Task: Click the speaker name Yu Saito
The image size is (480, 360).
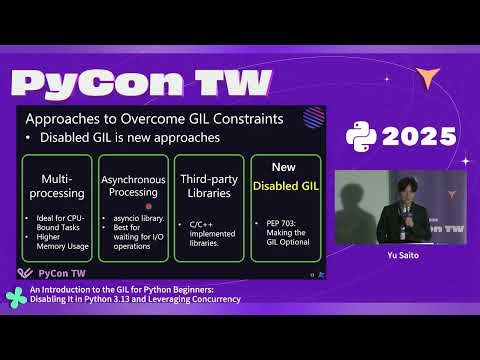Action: (401, 254)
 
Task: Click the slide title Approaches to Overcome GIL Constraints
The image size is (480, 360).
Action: (154, 118)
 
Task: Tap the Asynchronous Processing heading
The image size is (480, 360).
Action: (132, 184)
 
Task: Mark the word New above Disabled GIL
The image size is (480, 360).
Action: (284, 166)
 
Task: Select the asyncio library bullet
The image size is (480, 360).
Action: (137, 216)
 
